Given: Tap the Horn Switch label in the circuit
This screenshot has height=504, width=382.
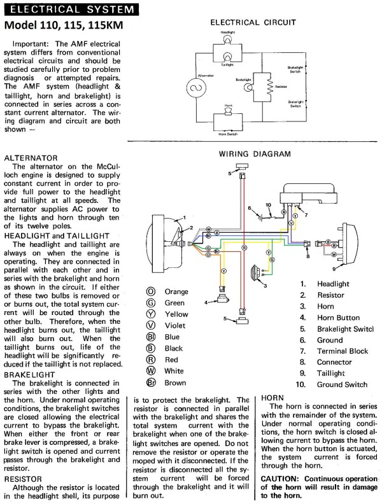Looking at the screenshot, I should pyautogui.click(x=228, y=134).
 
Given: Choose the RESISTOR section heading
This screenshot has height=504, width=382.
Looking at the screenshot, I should pyautogui.click(x=24, y=477).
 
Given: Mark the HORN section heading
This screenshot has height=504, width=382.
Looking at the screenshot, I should pyautogui.click(x=276, y=397).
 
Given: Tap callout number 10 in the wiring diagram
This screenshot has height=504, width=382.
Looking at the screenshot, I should pyautogui.click(x=268, y=205).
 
